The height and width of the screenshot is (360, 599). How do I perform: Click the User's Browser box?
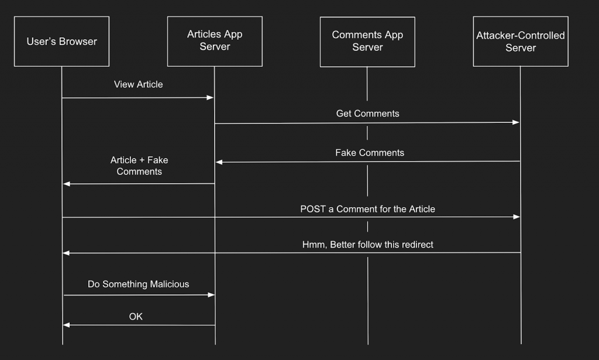(62, 42)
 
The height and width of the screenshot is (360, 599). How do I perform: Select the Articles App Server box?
(215, 41)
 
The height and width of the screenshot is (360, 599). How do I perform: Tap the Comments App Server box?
(367, 41)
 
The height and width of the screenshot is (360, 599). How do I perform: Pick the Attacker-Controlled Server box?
(521, 42)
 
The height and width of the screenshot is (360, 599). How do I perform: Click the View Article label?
(138, 84)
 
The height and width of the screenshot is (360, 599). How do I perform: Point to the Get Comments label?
(367, 114)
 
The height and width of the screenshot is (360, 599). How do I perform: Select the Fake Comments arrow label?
(369, 153)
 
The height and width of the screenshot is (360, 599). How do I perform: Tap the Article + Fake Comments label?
(139, 166)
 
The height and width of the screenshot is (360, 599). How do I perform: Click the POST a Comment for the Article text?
(367, 209)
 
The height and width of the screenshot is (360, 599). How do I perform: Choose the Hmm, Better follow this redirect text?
(367, 245)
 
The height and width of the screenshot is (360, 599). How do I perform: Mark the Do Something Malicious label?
(138, 284)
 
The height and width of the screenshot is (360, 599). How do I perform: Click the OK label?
(136, 317)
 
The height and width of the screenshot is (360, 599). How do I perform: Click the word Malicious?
(170, 284)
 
